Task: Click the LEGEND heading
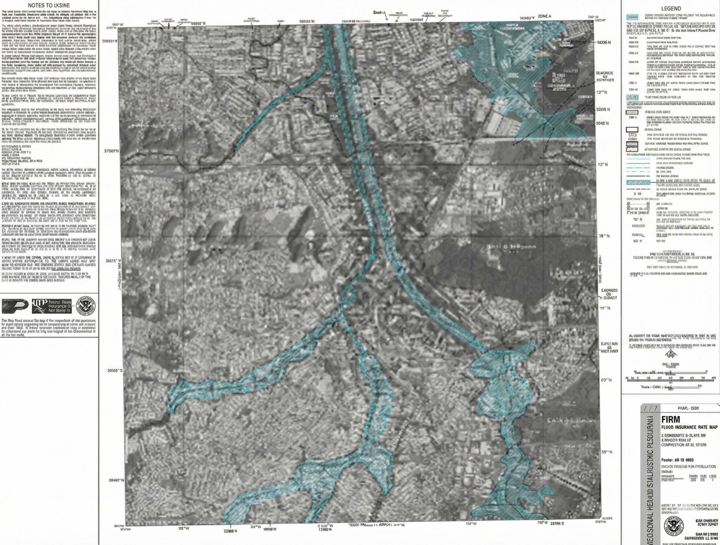(671, 9)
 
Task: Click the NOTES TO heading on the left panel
(49, 5)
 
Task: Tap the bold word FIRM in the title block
(670, 419)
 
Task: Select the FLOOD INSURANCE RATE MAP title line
(689, 427)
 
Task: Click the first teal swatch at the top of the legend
(632, 17)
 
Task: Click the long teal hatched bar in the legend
(638, 182)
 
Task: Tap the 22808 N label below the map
(230, 531)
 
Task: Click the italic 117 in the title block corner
(651, 408)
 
